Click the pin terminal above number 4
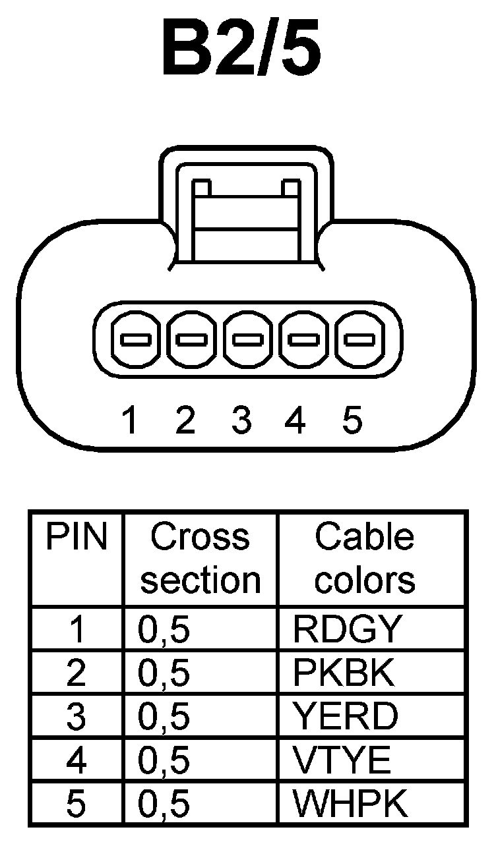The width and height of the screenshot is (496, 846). click(305, 341)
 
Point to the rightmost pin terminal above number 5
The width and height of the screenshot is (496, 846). click(361, 341)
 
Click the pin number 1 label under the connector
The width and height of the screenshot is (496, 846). click(131, 420)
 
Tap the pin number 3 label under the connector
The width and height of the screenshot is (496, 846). click(241, 420)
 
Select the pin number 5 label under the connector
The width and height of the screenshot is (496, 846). click(353, 420)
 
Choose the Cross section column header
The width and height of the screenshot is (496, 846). click(201, 559)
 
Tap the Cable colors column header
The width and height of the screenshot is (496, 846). click(364, 559)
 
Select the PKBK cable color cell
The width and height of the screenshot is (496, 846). click(344, 673)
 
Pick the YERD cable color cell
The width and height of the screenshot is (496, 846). click(346, 717)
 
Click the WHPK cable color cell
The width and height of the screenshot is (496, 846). click(349, 804)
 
